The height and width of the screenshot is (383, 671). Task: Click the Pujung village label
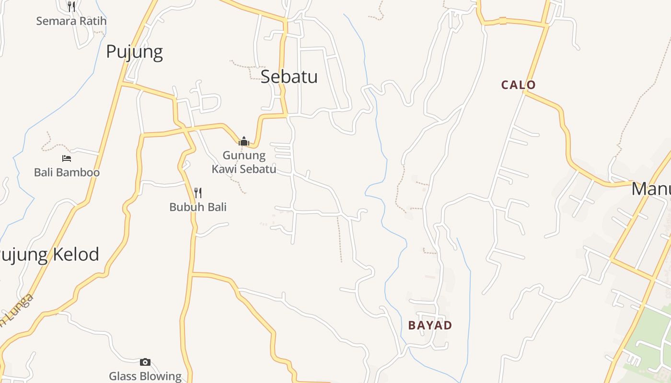point(134,52)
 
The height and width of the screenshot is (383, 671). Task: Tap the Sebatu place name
point(289,77)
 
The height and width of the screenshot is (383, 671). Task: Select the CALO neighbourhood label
point(518,85)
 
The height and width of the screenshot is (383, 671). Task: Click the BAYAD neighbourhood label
point(430,326)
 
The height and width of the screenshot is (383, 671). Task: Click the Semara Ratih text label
point(71,21)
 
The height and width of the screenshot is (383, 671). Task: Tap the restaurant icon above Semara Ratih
point(71,7)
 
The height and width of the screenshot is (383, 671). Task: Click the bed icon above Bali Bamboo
point(67,158)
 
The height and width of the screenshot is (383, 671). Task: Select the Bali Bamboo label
point(67,172)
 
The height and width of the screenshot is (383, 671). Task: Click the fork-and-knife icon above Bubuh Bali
point(197,193)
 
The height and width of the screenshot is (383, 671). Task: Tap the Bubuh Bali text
point(197,207)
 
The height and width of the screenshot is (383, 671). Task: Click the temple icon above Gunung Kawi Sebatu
point(244,141)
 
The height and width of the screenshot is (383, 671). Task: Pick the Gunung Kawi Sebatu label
point(244,162)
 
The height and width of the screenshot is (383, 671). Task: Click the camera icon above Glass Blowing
point(145,362)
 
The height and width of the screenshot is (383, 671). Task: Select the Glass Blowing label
point(145,376)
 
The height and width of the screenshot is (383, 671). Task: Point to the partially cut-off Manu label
point(651,189)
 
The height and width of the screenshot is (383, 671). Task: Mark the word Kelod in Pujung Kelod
point(78,255)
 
